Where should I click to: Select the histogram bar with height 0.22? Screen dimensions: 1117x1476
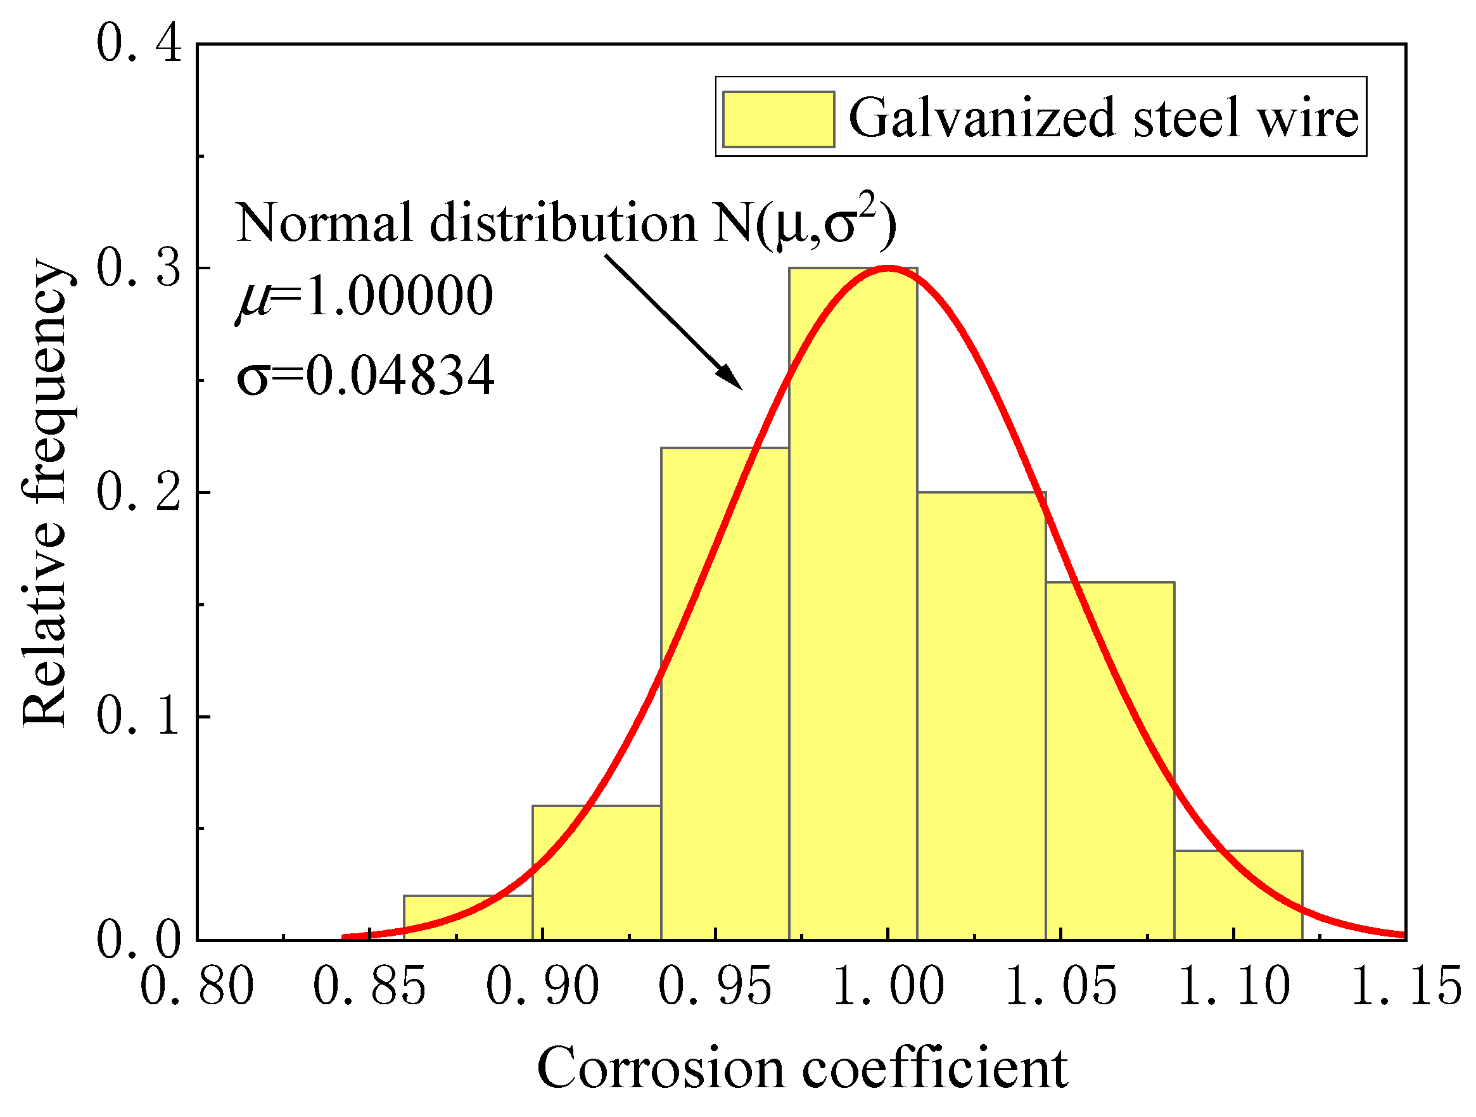pos(725,694)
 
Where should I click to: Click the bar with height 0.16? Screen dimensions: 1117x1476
pos(1110,761)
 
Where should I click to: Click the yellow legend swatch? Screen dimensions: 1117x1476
pos(778,118)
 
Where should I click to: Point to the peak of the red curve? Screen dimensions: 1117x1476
pos(888,267)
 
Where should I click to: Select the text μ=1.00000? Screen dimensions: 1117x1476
pos(365,296)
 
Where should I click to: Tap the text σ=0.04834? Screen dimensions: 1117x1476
pos(365,375)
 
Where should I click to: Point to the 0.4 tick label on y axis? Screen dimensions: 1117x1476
pos(139,43)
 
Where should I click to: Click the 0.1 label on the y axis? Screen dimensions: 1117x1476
pos(139,717)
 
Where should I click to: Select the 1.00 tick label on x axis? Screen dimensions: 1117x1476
pos(888,986)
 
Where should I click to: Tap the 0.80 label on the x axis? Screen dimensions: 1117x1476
pos(197,986)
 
